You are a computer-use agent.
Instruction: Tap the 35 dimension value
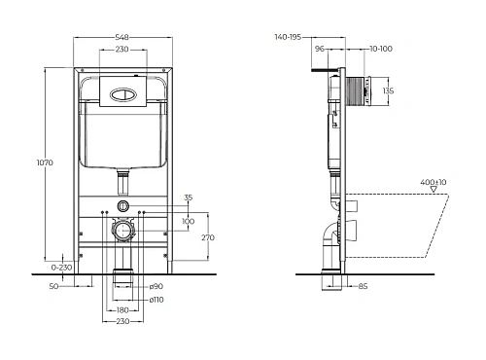(188, 198)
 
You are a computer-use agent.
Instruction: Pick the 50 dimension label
(54, 285)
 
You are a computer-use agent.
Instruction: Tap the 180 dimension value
(122, 310)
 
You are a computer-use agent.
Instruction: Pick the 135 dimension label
(389, 91)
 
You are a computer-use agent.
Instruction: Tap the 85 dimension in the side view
(363, 285)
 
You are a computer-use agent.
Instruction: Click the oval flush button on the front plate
(124, 95)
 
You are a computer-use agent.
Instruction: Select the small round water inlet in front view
(123, 206)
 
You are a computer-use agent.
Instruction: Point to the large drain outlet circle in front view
(123, 234)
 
